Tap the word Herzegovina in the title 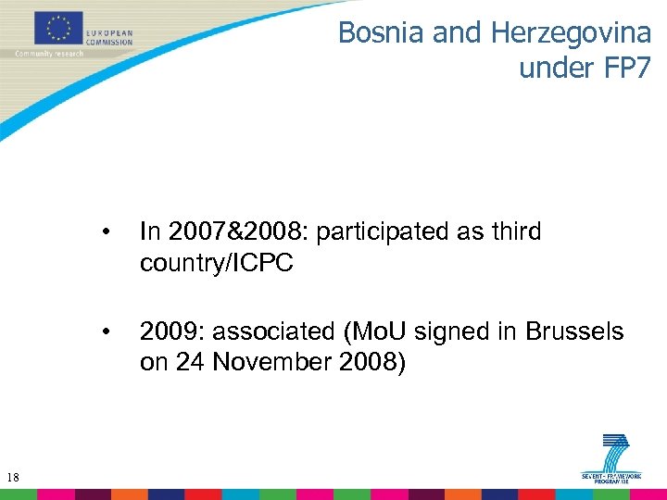point(571,32)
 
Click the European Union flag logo point(58,28)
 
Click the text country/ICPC point(216,263)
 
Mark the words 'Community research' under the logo point(48,54)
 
